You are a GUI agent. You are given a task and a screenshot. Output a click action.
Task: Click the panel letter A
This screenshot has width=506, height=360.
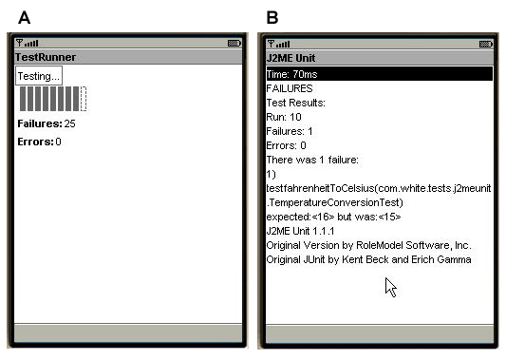[x=24, y=17]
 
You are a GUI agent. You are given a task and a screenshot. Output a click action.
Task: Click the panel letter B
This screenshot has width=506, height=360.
[x=272, y=17]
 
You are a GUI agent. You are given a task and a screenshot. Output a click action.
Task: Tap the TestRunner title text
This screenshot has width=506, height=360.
[x=46, y=57]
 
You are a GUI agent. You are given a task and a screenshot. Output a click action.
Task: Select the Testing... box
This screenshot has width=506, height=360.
[x=39, y=76]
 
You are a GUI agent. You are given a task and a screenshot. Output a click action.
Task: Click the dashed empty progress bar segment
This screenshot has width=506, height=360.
[x=84, y=99]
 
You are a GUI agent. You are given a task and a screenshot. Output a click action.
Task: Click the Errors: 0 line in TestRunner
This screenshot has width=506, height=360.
[x=39, y=142]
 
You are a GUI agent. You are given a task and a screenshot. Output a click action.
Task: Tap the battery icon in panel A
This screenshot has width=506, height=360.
[x=234, y=44]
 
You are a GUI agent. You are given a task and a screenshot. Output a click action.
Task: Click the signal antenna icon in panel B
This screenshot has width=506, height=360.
[x=272, y=44]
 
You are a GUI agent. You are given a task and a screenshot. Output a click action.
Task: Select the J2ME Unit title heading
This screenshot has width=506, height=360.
[x=290, y=58]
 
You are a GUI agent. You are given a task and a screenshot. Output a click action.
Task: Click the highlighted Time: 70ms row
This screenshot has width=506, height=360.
[x=380, y=74]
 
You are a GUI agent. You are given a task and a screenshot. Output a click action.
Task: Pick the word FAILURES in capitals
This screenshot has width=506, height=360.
[x=290, y=88]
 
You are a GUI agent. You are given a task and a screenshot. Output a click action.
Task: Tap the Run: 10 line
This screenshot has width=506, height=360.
[x=284, y=117]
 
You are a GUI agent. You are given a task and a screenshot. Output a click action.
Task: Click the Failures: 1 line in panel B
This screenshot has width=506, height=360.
[x=290, y=131]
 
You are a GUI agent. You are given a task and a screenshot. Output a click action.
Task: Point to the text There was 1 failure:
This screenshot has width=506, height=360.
[x=312, y=160]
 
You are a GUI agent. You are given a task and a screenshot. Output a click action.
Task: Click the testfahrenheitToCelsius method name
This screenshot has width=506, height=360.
[x=320, y=188]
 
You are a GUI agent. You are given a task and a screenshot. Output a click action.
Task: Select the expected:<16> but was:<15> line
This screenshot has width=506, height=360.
[x=333, y=217]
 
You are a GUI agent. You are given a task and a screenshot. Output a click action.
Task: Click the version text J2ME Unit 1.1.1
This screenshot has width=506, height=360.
[x=300, y=231]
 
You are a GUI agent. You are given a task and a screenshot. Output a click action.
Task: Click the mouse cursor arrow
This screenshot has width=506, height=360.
[x=390, y=287]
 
